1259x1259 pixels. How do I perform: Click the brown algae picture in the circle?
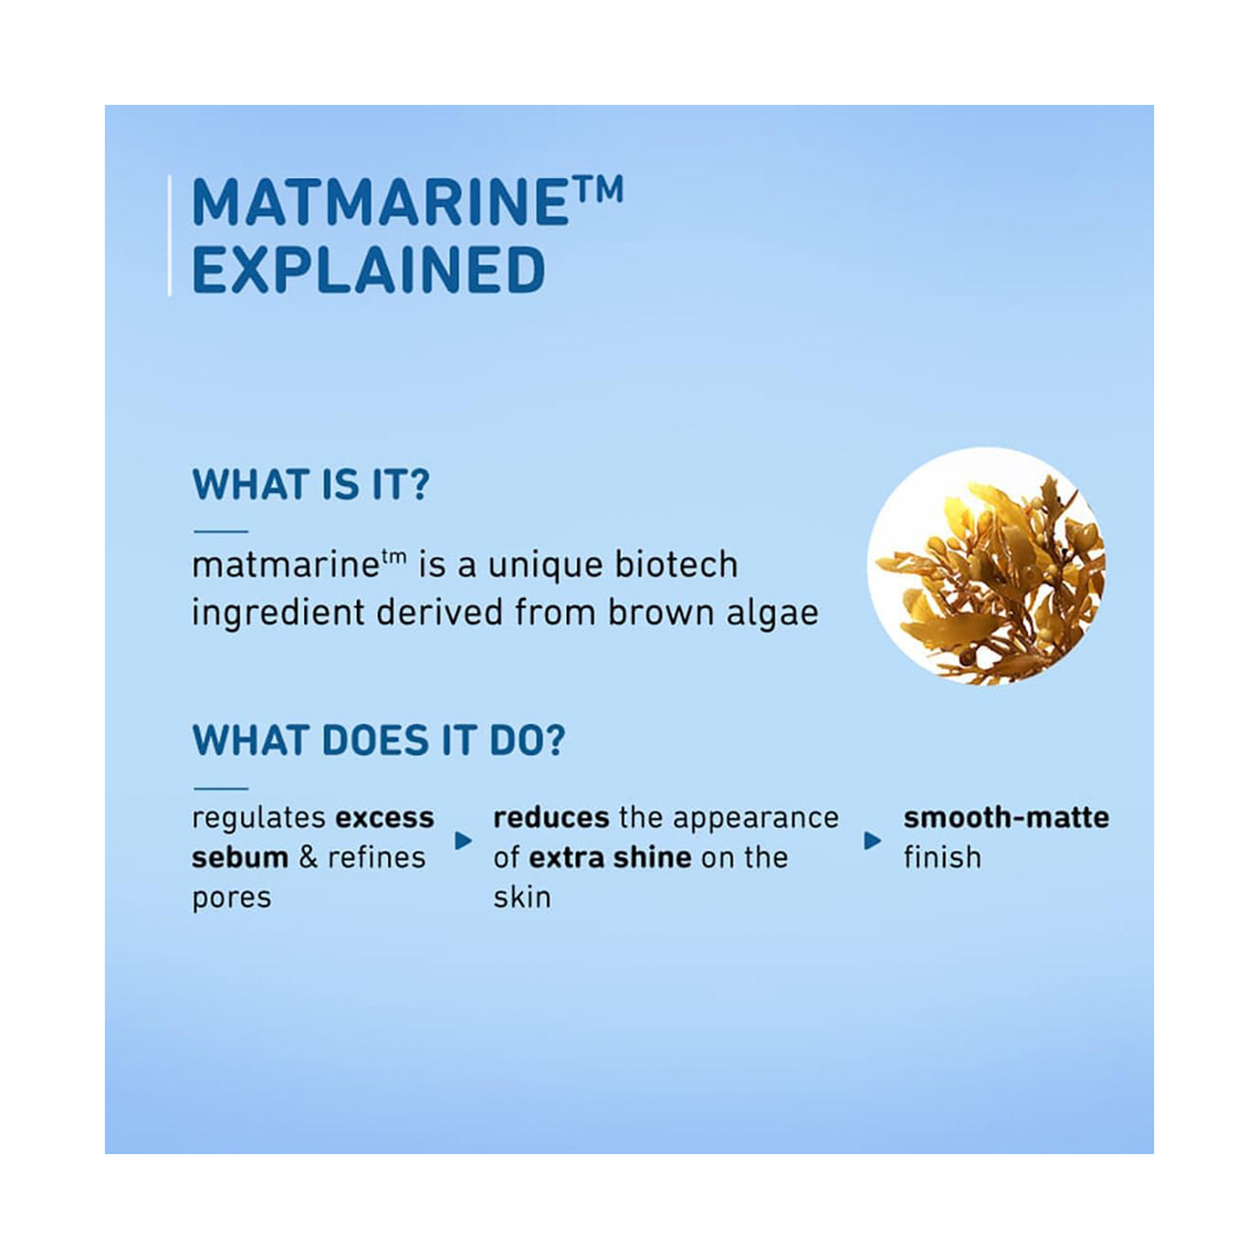coord(987,566)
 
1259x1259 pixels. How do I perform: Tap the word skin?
coord(522,897)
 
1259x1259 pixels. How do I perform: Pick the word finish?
coord(942,858)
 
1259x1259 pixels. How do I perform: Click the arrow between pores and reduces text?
coord(463,841)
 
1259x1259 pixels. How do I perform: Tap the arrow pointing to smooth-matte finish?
coord(872,841)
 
